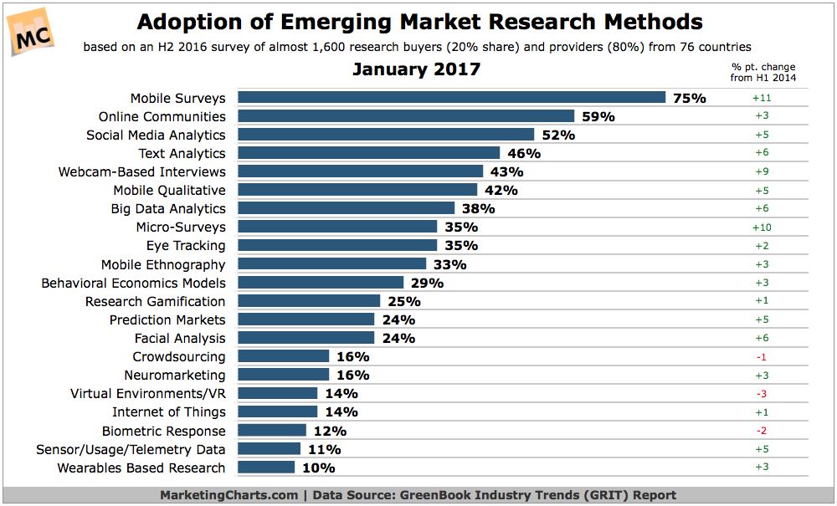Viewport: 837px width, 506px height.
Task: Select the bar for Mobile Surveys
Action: (451, 98)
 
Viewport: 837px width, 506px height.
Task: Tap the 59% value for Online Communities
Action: (598, 117)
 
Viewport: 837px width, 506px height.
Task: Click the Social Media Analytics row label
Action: (156, 135)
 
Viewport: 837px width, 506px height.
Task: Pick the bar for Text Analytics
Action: (368, 153)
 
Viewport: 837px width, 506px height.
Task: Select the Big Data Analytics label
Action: (168, 208)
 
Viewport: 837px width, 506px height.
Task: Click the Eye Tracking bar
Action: (337, 245)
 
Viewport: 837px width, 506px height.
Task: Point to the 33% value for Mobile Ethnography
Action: (449, 264)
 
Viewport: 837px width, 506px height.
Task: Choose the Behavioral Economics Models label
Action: (133, 283)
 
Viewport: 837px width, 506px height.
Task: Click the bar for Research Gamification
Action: (309, 301)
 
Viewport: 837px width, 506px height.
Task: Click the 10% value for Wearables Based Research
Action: (318, 468)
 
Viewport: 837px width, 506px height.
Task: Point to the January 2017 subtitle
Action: (416, 69)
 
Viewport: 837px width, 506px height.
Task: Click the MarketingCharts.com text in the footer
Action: (229, 494)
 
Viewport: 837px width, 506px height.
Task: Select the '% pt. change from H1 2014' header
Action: (763, 72)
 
